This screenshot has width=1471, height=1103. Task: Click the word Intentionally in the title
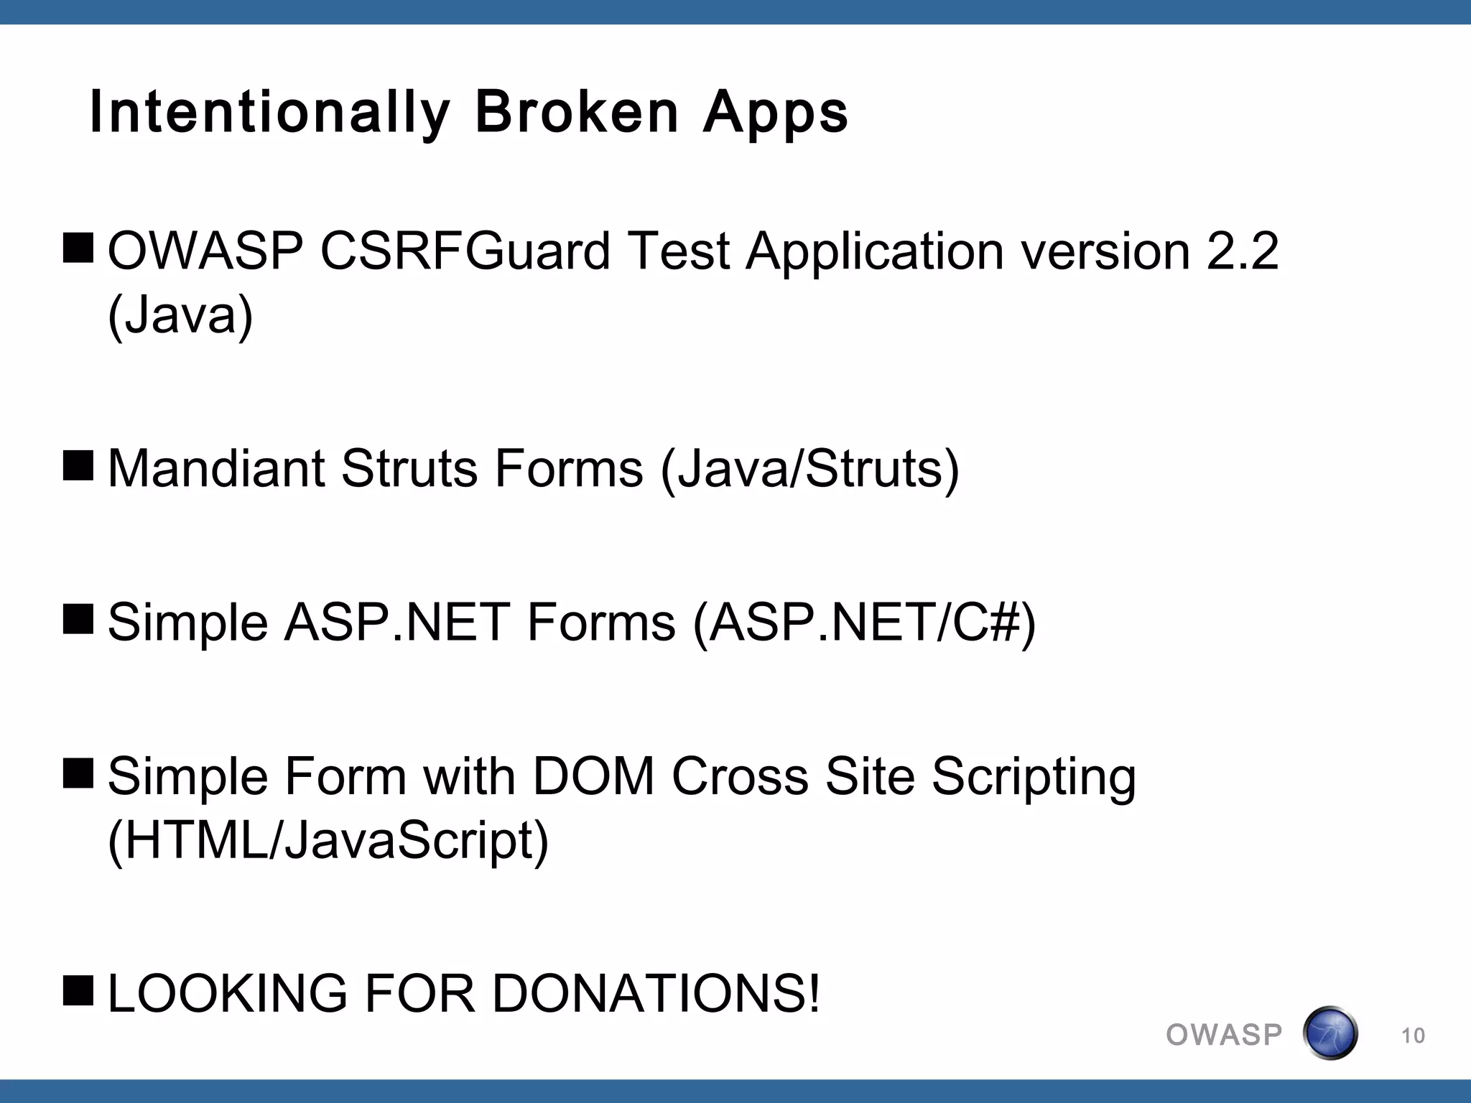click(x=269, y=113)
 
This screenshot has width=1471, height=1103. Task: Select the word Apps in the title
click(x=776, y=113)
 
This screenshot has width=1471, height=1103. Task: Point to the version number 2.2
click(x=1243, y=251)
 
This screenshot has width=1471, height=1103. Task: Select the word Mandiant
click(x=216, y=468)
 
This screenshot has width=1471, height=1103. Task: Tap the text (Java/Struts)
click(x=809, y=468)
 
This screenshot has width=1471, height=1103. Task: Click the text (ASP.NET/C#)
click(x=865, y=622)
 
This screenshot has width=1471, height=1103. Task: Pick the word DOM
click(x=593, y=776)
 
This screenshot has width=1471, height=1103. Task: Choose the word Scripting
click(x=1034, y=778)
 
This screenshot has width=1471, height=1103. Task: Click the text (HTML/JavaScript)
click(x=328, y=841)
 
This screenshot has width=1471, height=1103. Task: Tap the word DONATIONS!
click(x=656, y=994)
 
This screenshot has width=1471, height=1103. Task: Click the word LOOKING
click(x=227, y=994)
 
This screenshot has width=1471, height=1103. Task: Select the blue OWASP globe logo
click(x=1330, y=1033)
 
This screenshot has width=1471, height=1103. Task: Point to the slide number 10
click(x=1413, y=1035)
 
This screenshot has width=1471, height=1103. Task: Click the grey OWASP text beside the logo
click(x=1224, y=1035)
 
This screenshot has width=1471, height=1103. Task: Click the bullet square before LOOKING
click(x=78, y=990)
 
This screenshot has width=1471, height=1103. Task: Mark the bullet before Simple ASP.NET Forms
click(x=78, y=619)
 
